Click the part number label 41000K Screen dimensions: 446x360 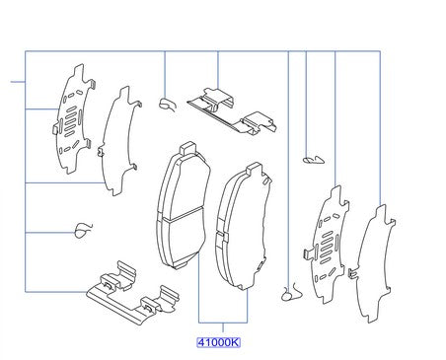point(218,342)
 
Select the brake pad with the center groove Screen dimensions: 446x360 point(183,207)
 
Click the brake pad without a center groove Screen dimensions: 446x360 point(244,227)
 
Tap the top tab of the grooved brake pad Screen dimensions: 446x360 point(188,148)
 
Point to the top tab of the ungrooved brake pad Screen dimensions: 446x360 point(254,169)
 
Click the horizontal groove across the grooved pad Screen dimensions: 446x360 point(183,214)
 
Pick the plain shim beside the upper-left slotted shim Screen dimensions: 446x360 point(119,141)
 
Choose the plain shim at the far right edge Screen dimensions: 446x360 point(372,263)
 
